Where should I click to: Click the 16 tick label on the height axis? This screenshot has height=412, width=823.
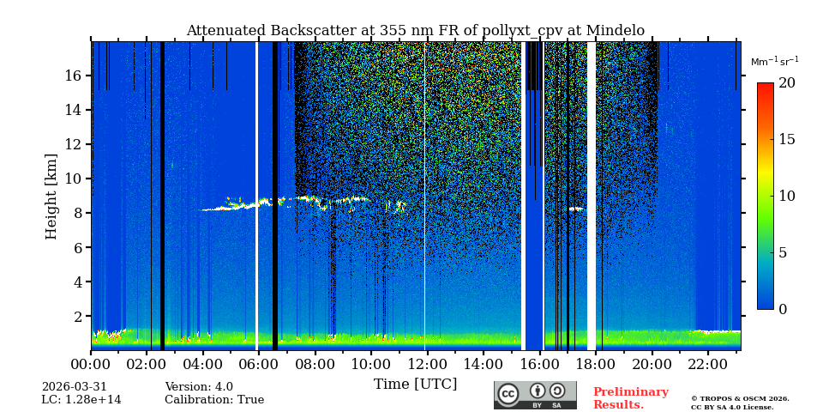click(73, 76)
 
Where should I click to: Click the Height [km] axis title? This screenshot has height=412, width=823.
click(51, 196)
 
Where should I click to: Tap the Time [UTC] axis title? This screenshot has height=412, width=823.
click(415, 384)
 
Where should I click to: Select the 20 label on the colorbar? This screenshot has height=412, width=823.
click(786, 83)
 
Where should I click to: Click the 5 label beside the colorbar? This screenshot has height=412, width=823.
click(782, 252)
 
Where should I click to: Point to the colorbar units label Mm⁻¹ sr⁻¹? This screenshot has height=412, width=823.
click(774, 62)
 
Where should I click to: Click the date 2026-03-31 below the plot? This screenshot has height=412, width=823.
click(75, 387)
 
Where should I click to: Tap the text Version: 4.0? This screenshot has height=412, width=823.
click(199, 387)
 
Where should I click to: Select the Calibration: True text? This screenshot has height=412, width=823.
click(214, 400)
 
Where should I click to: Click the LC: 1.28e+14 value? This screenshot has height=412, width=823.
click(81, 400)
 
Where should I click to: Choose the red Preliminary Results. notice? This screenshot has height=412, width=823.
click(630, 398)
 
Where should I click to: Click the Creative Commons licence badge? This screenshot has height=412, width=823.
click(535, 395)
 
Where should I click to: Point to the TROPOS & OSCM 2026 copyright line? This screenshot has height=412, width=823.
click(740, 398)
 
